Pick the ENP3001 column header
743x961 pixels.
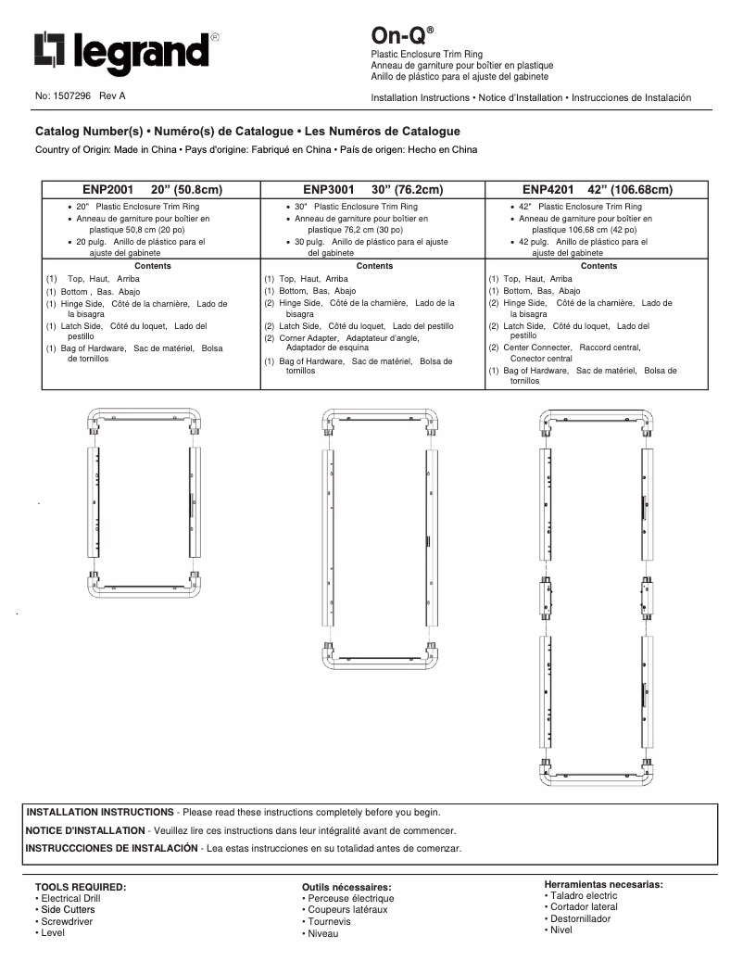point(373,190)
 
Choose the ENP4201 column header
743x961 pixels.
point(598,190)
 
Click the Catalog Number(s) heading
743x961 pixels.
point(247,132)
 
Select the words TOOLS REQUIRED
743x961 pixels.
point(80,887)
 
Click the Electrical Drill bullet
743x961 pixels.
point(69,898)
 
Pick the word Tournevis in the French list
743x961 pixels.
point(329,922)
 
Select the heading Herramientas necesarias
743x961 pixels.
point(603,884)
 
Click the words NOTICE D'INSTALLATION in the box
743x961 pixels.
point(85,830)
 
